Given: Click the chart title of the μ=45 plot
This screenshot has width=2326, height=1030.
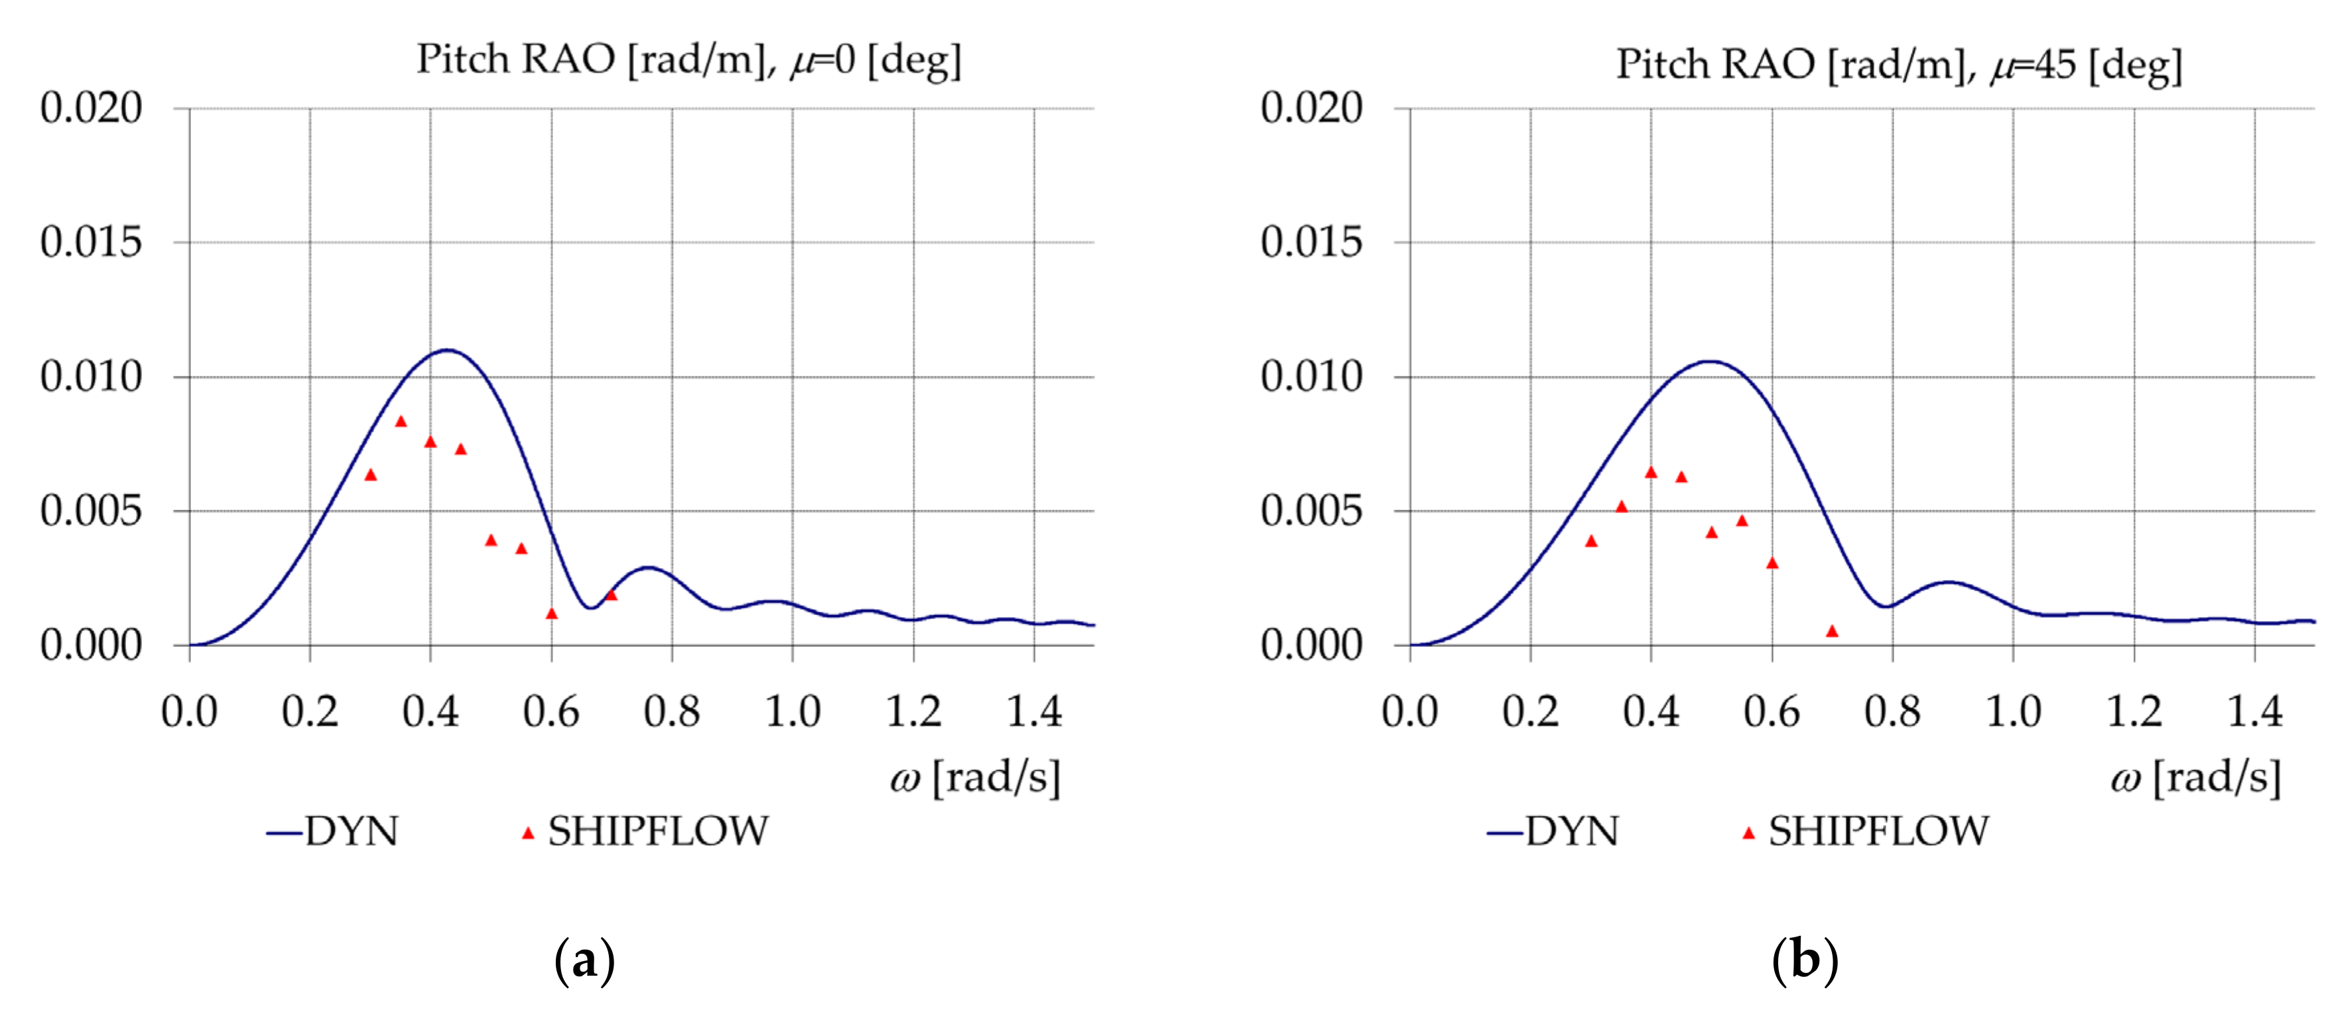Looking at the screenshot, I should click(x=1898, y=65).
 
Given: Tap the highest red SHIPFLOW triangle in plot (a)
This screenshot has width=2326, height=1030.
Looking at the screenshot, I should click(x=401, y=422).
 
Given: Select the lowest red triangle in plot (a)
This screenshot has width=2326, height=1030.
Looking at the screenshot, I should click(x=552, y=614).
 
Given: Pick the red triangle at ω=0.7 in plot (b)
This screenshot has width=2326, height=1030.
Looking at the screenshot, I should click(x=1832, y=631).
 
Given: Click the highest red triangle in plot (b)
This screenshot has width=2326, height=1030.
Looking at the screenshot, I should click(x=1651, y=472).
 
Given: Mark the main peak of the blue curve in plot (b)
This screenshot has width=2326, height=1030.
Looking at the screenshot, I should click(x=1711, y=361).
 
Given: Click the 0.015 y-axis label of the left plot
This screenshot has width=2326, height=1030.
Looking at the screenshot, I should click(x=92, y=242).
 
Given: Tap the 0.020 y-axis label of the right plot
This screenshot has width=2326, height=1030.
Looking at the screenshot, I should click(x=1311, y=108).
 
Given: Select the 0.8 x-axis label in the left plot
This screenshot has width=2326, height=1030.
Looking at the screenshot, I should click(x=672, y=713).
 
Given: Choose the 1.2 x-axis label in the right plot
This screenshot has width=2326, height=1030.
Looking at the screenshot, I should click(x=2134, y=713).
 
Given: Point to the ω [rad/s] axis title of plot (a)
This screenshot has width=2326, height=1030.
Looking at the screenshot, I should click(x=975, y=777).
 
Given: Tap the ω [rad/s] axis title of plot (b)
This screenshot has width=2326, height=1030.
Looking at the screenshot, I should click(x=2196, y=777).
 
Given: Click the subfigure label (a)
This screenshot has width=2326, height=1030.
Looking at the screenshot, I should click(x=584, y=960).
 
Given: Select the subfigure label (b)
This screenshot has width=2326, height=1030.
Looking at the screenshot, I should click(x=1804, y=960).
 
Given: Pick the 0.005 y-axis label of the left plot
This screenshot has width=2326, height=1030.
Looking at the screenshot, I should click(x=92, y=511).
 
